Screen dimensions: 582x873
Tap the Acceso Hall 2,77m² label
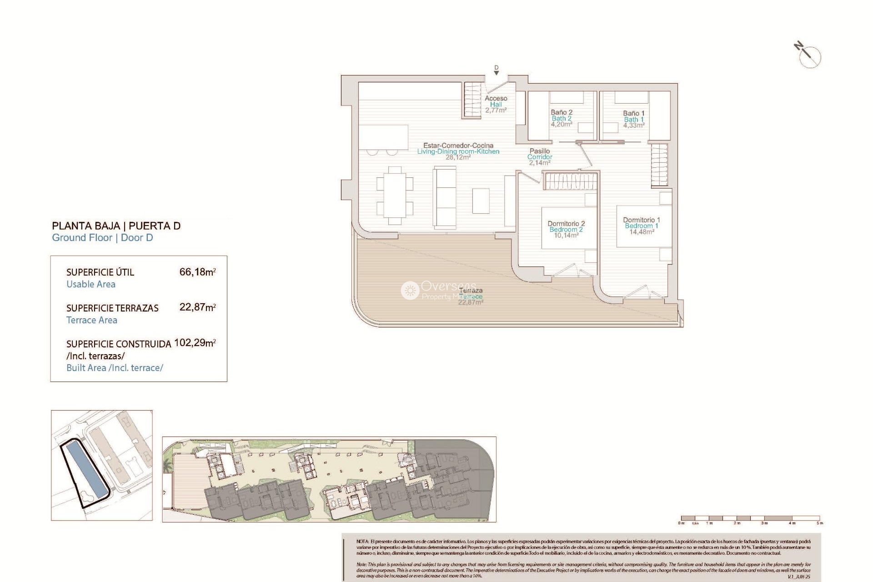(496, 104)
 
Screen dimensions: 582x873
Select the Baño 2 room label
(562, 118)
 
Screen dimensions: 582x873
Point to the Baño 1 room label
(634, 119)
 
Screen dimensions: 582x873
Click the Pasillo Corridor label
(540, 156)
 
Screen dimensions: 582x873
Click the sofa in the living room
(445, 196)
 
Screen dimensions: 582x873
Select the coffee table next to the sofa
(481, 201)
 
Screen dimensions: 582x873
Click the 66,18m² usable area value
(197, 272)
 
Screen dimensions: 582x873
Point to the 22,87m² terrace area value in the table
(197, 307)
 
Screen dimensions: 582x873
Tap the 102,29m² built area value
(195, 343)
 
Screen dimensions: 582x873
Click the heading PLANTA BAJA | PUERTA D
(116, 226)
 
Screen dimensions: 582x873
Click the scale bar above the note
(750, 518)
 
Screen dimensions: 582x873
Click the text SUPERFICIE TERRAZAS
(112, 308)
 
